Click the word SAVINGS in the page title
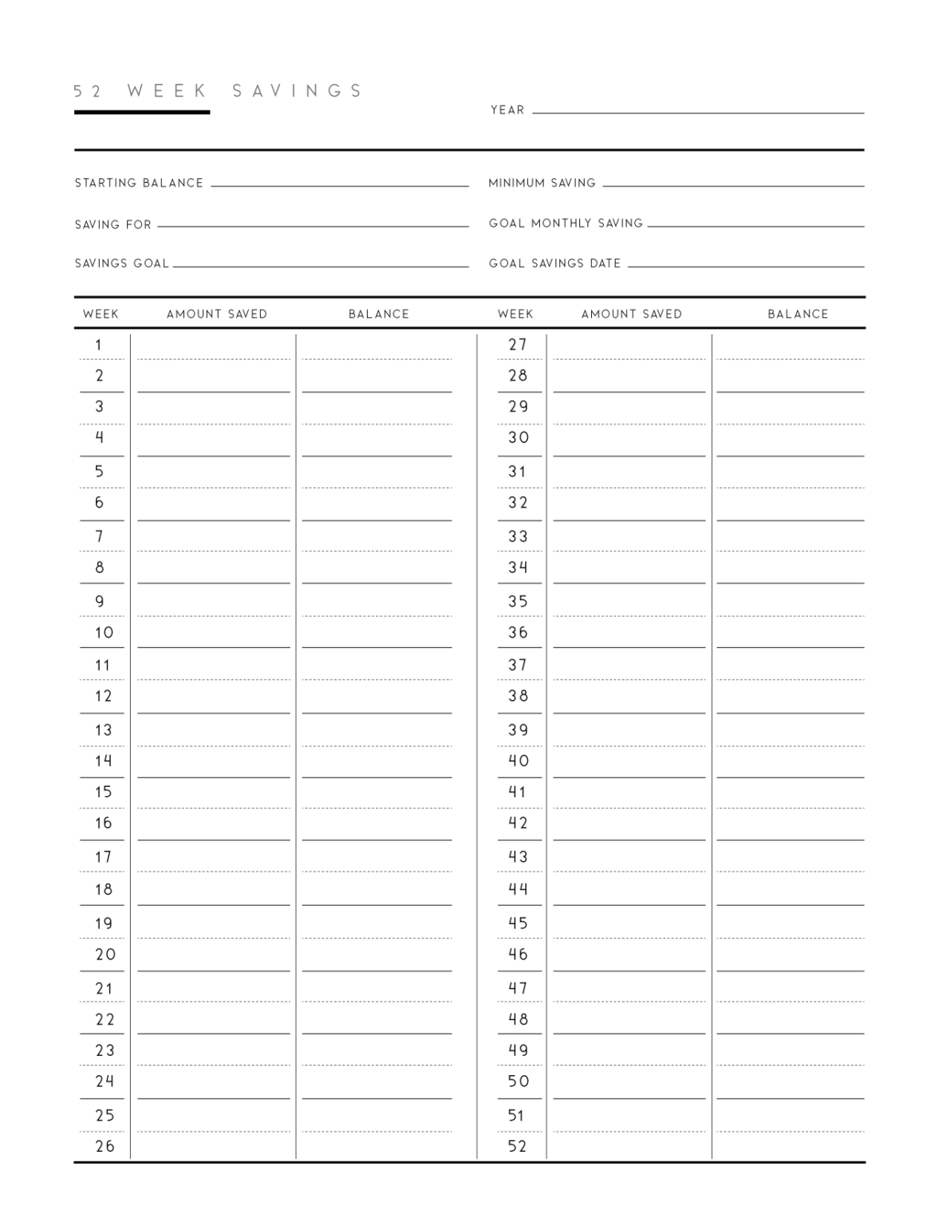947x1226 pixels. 298,91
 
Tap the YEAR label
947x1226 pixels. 507,110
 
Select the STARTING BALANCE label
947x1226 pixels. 139,183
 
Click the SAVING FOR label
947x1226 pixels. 112,224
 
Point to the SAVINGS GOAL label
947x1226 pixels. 122,263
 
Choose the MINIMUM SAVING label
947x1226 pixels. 542,183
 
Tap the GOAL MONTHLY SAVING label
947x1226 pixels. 566,223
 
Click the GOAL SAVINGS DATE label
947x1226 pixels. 554,263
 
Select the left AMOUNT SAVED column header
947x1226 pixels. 216,314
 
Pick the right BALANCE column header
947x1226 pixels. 798,314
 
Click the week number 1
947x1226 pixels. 99,345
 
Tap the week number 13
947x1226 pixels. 103,730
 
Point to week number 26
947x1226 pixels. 105,1146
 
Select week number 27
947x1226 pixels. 518,345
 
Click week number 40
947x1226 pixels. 518,761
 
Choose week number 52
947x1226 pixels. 517,1146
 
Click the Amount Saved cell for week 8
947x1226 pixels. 213,568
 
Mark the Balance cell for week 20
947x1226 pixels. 377,955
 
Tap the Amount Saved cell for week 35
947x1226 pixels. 629,602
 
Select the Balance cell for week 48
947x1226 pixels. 790,1019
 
